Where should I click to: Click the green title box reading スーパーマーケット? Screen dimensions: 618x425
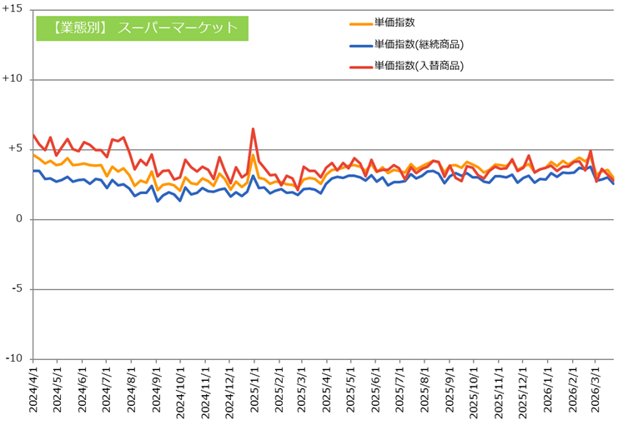pyautogui.click(x=143, y=28)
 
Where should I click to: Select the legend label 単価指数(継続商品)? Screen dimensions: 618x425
pyautogui.click(x=419, y=44)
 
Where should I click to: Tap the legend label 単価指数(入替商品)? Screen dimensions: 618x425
pyautogui.click(x=419, y=66)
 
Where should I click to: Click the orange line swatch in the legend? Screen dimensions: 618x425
pyautogui.click(x=361, y=24)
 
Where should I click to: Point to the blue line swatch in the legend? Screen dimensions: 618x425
pyautogui.click(x=361, y=46)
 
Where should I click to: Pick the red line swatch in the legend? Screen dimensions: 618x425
pyautogui.click(x=361, y=67)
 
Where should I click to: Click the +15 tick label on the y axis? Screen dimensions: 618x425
pyautogui.click(x=13, y=9)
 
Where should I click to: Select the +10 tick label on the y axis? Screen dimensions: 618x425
pyautogui.click(x=13, y=79)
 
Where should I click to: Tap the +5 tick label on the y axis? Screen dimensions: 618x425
pyautogui.click(x=14, y=149)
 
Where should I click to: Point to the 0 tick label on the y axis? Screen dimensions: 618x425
pyautogui.click(x=19, y=219)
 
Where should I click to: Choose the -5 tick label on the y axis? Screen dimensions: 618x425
pyautogui.click(x=17, y=288)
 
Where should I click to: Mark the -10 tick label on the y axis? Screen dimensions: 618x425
pyautogui.click(x=14, y=359)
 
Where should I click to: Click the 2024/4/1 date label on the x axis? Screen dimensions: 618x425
pyautogui.click(x=33, y=390)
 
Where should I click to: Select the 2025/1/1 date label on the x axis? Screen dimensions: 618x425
pyautogui.click(x=254, y=390)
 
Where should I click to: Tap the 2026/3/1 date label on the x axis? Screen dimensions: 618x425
pyautogui.click(x=595, y=390)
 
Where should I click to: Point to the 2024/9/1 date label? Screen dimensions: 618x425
pyautogui.click(x=157, y=390)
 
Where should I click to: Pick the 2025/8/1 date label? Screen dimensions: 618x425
pyautogui.click(x=425, y=390)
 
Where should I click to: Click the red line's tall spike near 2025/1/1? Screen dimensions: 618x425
pyautogui.click(x=253, y=129)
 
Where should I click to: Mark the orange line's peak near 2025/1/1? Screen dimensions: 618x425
pyautogui.click(x=253, y=155)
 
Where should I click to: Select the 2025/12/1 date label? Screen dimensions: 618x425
pyautogui.click(x=523, y=390)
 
